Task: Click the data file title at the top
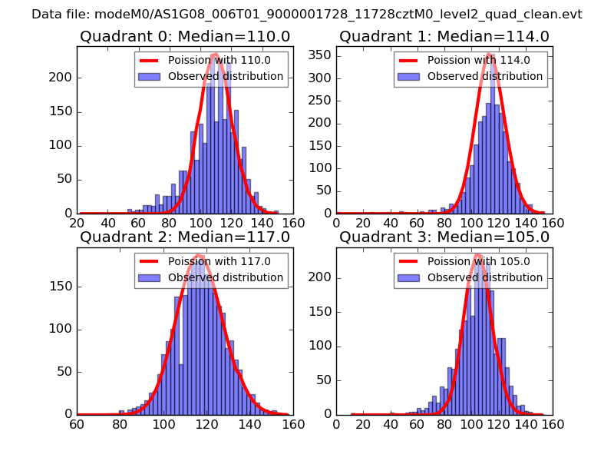click(x=307, y=15)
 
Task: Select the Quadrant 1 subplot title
click(x=444, y=37)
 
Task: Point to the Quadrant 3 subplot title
click(x=444, y=237)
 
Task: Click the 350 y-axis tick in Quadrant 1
click(x=322, y=54)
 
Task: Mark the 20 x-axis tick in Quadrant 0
click(x=77, y=223)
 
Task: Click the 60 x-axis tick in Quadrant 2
click(x=77, y=423)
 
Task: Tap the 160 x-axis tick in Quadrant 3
click(x=553, y=423)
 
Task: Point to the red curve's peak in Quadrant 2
click(x=199, y=255)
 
